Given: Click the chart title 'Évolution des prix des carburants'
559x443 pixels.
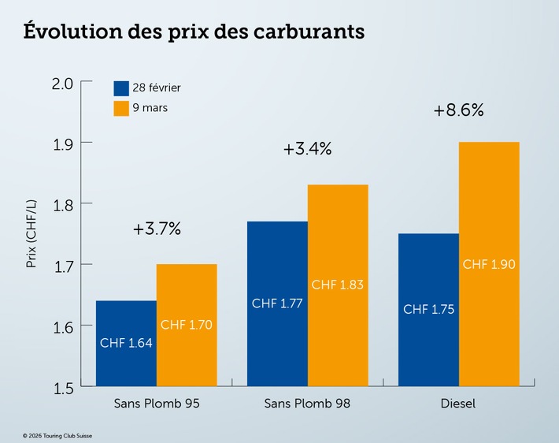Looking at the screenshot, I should (x=194, y=32).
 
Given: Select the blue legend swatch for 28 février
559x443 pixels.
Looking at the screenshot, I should (x=121, y=87).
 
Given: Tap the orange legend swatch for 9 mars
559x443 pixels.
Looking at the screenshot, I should (x=121, y=108).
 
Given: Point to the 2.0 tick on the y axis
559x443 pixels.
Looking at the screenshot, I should (x=62, y=83).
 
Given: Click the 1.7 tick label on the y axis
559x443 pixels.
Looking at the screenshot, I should (x=62, y=265).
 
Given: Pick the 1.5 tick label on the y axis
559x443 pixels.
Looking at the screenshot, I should (x=62, y=387).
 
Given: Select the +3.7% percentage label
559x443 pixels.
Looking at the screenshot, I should (x=157, y=229).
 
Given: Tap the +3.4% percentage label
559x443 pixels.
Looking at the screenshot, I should (x=308, y=149).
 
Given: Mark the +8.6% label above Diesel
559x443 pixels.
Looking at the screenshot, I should (x=458, y=111).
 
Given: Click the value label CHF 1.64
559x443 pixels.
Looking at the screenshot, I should (x=126, y=343).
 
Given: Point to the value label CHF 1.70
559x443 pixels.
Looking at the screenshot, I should (x=187, y=324).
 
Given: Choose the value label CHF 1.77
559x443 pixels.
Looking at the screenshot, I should (x=277, y=303).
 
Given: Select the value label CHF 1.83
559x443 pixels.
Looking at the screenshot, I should (x=338, y=285).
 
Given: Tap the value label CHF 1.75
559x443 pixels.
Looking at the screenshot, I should (x=428, y=310).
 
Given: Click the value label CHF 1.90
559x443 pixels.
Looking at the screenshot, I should (x=489, y=264).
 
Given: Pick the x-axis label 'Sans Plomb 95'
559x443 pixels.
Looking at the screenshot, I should (x=157, y=404).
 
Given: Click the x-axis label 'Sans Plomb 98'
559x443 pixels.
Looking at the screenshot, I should (x=308, y=404).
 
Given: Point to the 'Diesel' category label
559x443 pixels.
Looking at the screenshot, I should (x=459, y=404).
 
